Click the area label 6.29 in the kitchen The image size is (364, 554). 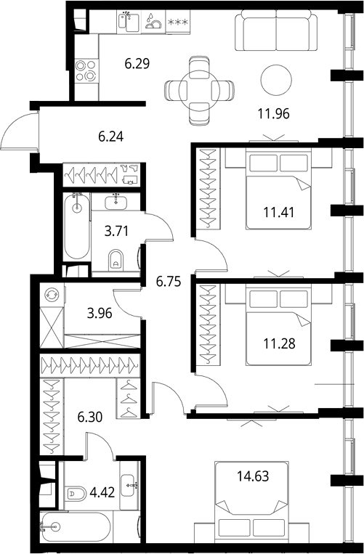(137, 64)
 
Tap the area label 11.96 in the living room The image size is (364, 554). (273, 114)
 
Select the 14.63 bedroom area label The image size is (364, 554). (253, 476)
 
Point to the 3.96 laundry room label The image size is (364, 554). (100, 313)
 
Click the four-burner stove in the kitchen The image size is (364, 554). (86, 70)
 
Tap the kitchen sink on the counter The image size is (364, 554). (129, 22)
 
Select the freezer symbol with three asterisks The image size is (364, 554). (178, 23)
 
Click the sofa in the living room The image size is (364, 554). (276, 30)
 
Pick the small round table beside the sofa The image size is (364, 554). (276, 80)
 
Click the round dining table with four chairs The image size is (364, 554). (199, 91)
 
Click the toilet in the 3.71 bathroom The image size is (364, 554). (116, 260)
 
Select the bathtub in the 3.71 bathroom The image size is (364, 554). (77, 227)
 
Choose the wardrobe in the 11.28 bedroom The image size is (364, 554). (208, 325)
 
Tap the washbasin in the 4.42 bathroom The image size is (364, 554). (129, 486)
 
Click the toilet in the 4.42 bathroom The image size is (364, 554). (76, 494)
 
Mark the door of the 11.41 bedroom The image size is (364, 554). (211, 255)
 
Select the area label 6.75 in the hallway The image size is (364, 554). (169, 282)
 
